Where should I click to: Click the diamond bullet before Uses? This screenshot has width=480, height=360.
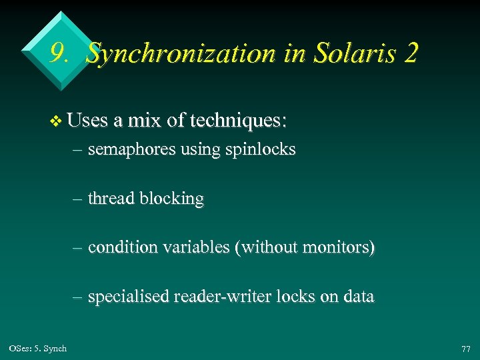click(56, 121)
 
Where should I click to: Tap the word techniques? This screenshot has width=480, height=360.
click(238, 121)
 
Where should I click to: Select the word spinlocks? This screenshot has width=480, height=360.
click(265, 150)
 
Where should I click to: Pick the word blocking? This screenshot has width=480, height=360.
click(171, 199)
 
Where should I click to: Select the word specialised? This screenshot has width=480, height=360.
click(128, 297)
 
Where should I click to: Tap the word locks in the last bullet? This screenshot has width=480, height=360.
click(287, 297)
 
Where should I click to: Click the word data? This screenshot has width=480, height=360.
click(358, 297)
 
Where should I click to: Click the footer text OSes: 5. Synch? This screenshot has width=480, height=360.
click(38, 349)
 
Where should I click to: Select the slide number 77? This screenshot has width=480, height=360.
click(465, 349)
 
